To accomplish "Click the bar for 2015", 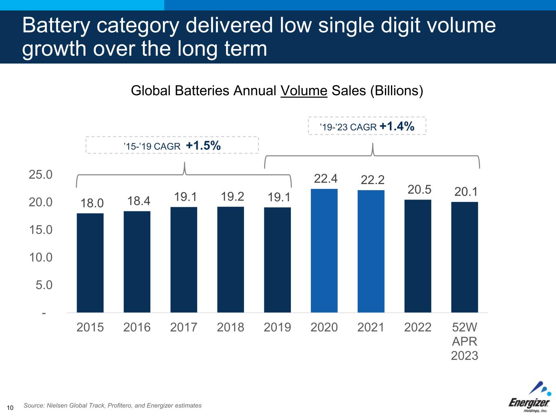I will pos(90,263).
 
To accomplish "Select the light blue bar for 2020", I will pos(324,250).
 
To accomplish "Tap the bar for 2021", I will pos(371,251).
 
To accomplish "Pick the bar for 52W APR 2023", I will pos(464,257).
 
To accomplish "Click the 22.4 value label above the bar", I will pos(325,178).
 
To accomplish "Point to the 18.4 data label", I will pos(138,201).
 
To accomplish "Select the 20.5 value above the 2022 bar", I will pos(419,190).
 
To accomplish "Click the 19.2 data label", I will pos(232,197).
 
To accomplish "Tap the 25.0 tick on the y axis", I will pos(41,175).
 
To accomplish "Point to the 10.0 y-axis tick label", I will pos(41,257).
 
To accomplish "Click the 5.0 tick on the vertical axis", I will pos(44,285).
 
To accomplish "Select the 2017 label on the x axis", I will pos(184,327).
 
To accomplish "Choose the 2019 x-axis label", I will pos(277,327).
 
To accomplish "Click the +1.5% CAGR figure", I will pos(203,145).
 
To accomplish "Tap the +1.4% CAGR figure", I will pos(397,126).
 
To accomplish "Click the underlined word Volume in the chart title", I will pos(304,90).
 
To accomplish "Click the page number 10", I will pos(10,408).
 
